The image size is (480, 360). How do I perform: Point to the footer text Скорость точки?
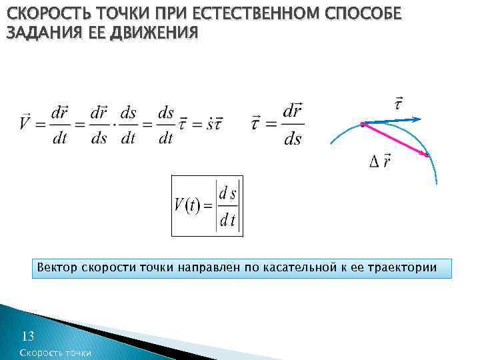56,353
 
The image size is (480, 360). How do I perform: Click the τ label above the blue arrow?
398,103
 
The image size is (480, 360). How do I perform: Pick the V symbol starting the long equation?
24,124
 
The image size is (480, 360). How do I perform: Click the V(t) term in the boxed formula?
189,205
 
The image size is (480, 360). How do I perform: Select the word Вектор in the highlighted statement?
57,268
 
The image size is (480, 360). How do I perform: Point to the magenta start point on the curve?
362,125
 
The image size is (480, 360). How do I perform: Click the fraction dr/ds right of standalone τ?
292,124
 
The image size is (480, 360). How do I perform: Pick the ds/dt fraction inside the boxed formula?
229,206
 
